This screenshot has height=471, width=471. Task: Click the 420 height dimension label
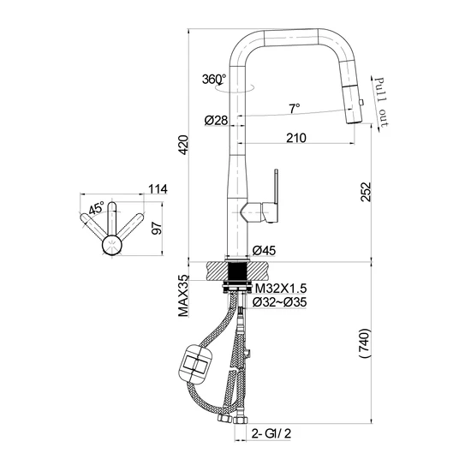183,145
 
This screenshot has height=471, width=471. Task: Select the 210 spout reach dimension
296,138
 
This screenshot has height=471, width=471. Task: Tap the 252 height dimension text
367,192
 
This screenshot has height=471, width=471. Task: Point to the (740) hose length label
364,343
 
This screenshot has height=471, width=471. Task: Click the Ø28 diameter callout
216,121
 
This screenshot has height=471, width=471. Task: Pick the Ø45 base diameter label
264,250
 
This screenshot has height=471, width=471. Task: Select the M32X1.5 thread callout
281,289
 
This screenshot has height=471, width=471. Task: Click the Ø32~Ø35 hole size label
280,302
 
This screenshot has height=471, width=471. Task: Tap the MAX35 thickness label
183,296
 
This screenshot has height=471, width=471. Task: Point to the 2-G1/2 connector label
271,433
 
